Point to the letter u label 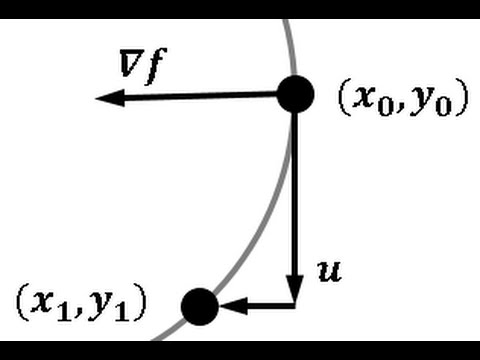click(329, 269)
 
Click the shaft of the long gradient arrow click(200, 96)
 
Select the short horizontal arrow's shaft click(265, 305)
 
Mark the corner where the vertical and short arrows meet click(295, 304)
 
